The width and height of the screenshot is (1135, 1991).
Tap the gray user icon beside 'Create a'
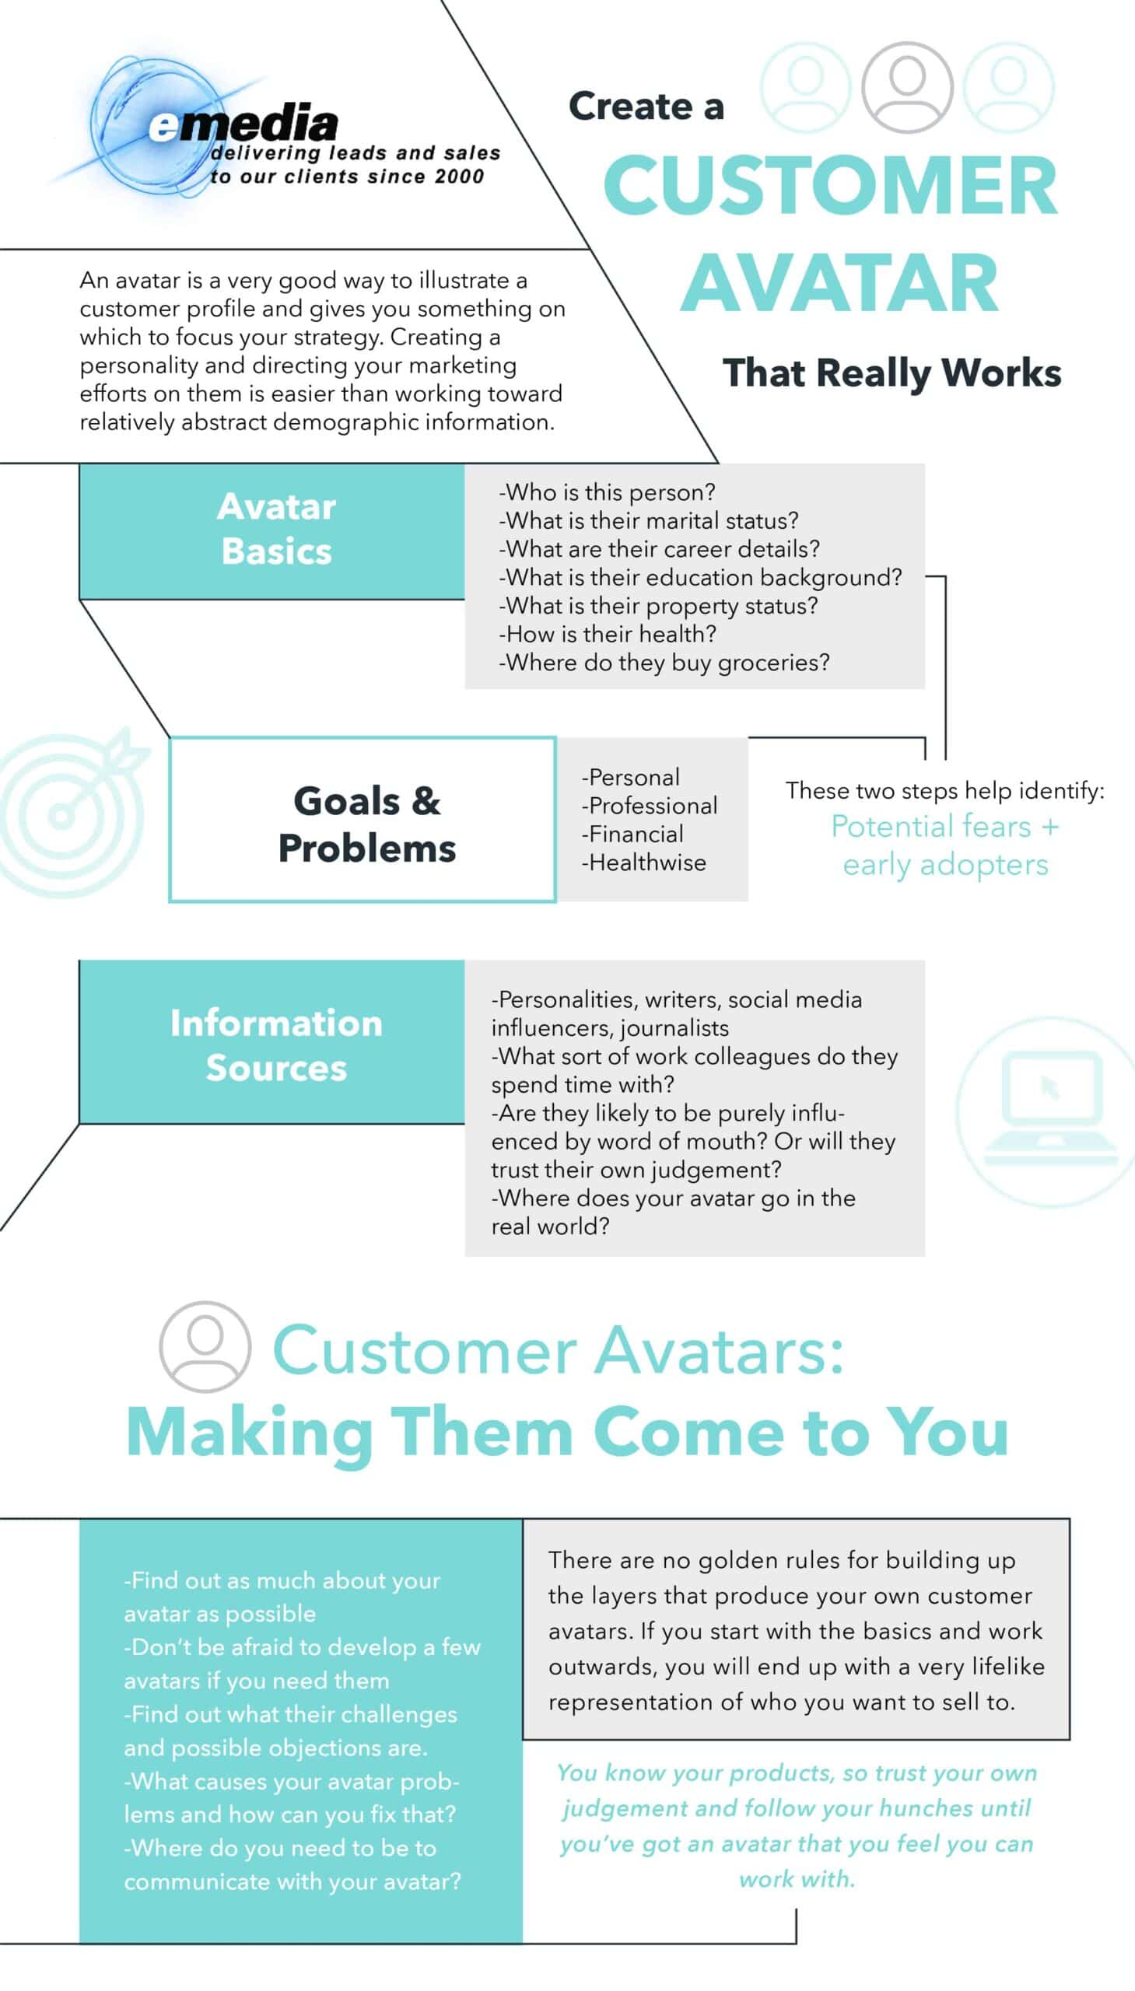(907, 87)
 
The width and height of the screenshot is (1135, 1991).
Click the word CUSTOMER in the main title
(830, 184)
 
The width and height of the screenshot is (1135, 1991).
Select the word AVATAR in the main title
(839, 282)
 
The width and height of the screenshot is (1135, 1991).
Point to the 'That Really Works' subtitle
(892, 373)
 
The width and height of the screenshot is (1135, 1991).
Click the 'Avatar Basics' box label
(277, 528)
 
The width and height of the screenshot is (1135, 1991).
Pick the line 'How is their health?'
(608, 634)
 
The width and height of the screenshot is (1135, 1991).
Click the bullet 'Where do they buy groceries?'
(664, 663)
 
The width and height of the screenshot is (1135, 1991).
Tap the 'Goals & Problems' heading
(367, 824)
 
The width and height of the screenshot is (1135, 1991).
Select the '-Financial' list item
(632, 834)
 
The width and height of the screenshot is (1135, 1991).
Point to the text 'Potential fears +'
(945, 826)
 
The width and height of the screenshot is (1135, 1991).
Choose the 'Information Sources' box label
(277, 1045)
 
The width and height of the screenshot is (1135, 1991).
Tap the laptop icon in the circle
(1050, 1110)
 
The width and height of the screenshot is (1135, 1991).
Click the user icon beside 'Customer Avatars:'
(205, 1345)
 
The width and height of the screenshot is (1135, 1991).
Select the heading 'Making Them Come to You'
(568, 1433)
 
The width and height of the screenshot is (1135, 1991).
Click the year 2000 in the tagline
(459, 176)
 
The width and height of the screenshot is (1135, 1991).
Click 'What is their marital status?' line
(649, 520)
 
